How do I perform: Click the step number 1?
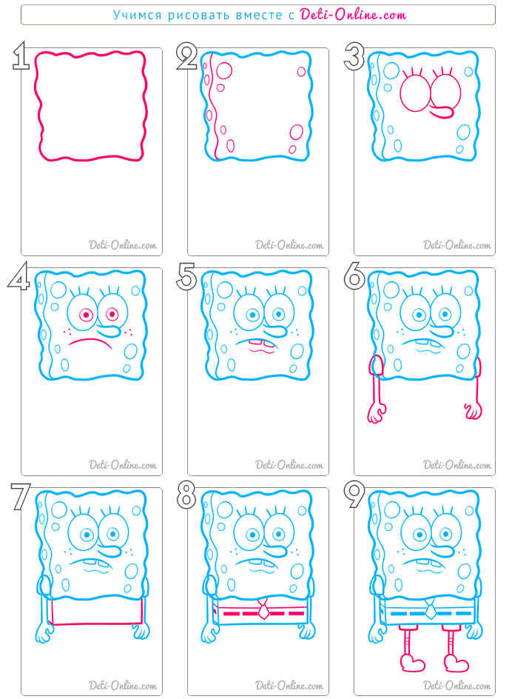point(21,56)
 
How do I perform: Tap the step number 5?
point(186,276)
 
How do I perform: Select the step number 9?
point(354,495)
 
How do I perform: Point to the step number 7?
point(21,496)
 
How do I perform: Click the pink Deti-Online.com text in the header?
point(353,15)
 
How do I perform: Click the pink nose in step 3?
point(442,112)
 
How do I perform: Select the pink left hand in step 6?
point(377,412)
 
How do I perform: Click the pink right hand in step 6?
point(473,411)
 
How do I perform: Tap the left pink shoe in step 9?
point(413,663)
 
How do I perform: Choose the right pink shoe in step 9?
point(456,663)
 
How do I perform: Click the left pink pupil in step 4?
point(86,315)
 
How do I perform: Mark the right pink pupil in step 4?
point(111,314)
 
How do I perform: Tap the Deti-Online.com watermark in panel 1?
point(123,245)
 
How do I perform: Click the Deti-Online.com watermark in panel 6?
point(457,465)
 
